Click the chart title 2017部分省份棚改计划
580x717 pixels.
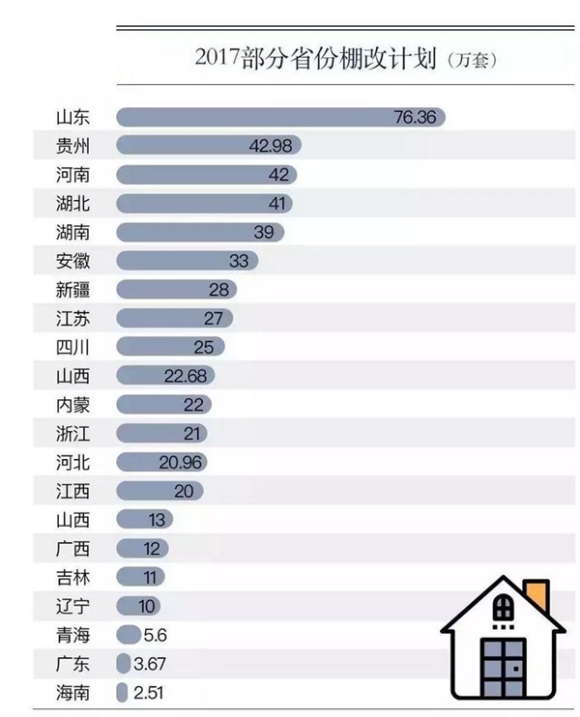(x=315, y=58)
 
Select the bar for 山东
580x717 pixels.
(x=280, y=117)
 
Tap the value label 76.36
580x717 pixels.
(x=416, y=117)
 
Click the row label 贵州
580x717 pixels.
(x=73, y=146)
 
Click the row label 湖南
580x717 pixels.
(x=73, y=232)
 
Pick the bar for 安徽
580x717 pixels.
(x=187, y=261)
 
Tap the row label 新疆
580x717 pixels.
(x=73, y=289)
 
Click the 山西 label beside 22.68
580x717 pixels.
(x=73, y=376)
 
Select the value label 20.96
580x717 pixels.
(x=179, y=462)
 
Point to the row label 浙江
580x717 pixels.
(x=73, y=433)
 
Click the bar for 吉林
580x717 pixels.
(x=139, y=577)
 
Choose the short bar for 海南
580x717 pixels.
(x=122, y=693)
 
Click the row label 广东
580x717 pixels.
(x=73, y=664)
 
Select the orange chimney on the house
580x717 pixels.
(x=535, y=590)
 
